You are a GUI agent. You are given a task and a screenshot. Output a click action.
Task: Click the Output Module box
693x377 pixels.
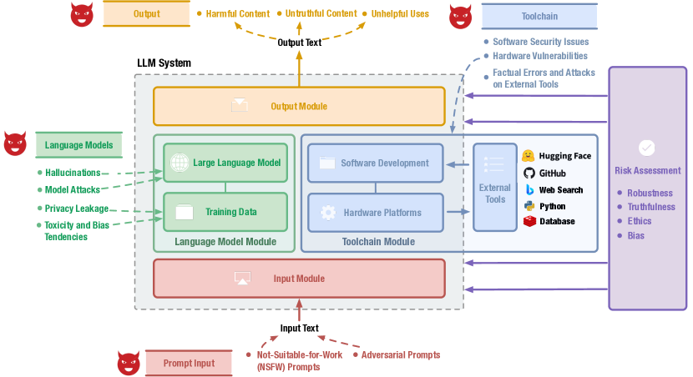coord(299,106)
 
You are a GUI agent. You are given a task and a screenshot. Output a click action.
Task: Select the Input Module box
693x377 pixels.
coord(299,278)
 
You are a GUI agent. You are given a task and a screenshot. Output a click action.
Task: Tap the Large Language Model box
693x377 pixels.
coord(225,163)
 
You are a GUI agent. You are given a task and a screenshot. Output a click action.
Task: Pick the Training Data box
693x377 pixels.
coord(225,212)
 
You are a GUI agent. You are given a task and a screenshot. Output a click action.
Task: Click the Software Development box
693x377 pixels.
coord(375,163)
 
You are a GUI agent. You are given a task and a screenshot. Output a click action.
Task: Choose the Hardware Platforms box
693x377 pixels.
coord(375,212)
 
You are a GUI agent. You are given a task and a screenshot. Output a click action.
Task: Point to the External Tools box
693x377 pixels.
coord(495,188)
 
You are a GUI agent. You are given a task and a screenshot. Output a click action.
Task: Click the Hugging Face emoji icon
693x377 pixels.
coord(529,156)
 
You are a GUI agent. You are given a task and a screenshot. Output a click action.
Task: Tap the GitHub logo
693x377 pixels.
coord(529,173)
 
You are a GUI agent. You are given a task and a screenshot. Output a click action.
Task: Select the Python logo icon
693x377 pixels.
coord(529,205)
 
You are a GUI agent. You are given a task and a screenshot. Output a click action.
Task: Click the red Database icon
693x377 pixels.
coord(529,221)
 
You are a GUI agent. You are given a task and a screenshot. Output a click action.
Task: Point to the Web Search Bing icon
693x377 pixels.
coord(529,189)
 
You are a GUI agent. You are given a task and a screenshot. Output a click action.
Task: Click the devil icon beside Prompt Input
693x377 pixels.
coord(128,363)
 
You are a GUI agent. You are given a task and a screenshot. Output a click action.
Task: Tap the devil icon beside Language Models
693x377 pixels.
coord(15,143)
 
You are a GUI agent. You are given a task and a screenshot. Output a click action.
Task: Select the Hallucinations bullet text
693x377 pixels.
coord(73,173)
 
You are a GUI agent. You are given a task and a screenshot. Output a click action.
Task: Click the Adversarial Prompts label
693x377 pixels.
coord(401,354)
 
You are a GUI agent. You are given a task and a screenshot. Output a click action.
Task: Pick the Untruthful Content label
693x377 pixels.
coord(321,13)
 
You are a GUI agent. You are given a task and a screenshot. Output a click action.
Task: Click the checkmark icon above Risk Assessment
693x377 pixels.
coord(646,148)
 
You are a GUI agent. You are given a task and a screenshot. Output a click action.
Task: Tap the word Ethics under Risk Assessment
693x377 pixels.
coord(640,221)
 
